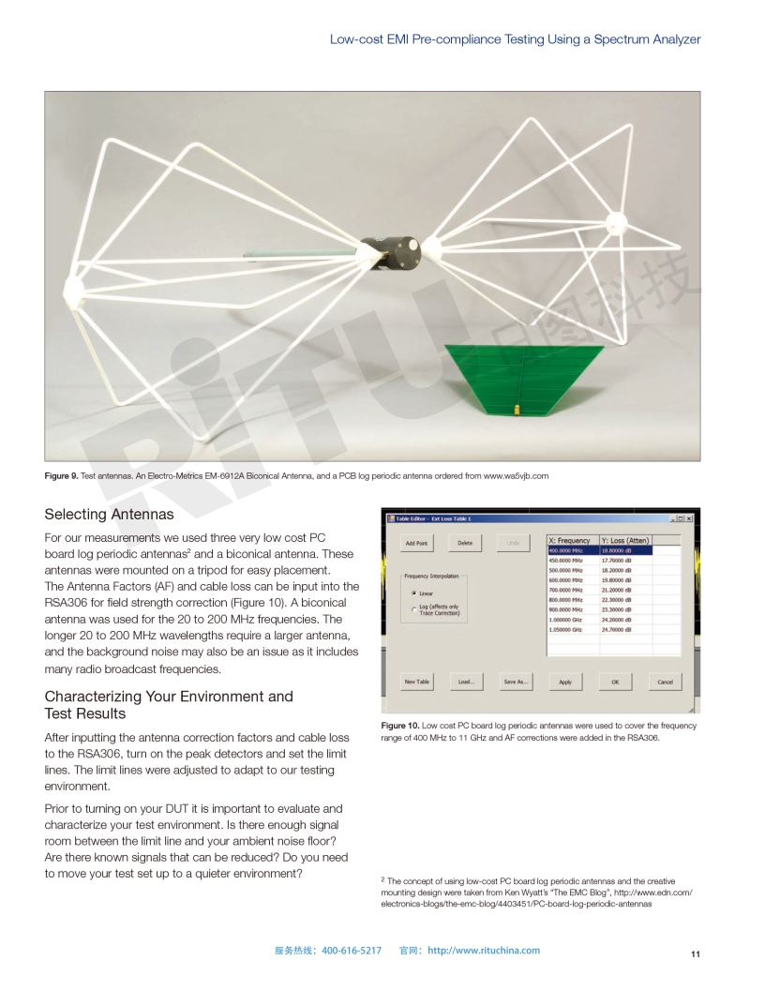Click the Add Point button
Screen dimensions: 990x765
[x=416, y=543]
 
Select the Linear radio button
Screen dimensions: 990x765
[x=414, y=593]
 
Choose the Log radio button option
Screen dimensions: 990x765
[x=414, y=609]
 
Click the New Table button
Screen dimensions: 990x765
[x=416, y=682]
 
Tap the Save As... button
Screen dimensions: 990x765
[x=516, y=682]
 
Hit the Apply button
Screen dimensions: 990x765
[x=565, y=682]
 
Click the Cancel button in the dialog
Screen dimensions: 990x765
[x=665, y=682]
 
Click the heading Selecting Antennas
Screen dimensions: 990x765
[x=109, y=514]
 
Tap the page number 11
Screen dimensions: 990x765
[x=695, y=954]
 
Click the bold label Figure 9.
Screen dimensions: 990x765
[x=61, y=475]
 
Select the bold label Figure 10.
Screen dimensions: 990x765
[x=399, y=727]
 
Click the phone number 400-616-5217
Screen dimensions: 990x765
[x=352, y=950]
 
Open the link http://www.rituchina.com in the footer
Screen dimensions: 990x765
[x=484, y=950]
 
